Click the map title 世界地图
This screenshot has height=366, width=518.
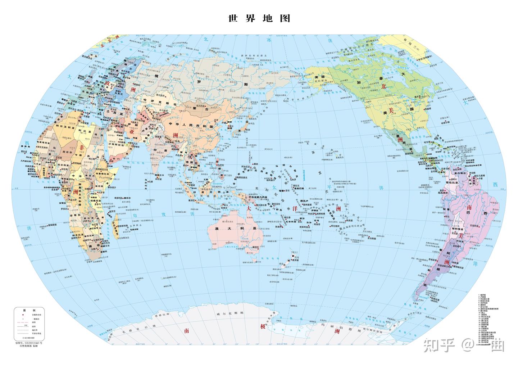[x=259, y=18]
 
